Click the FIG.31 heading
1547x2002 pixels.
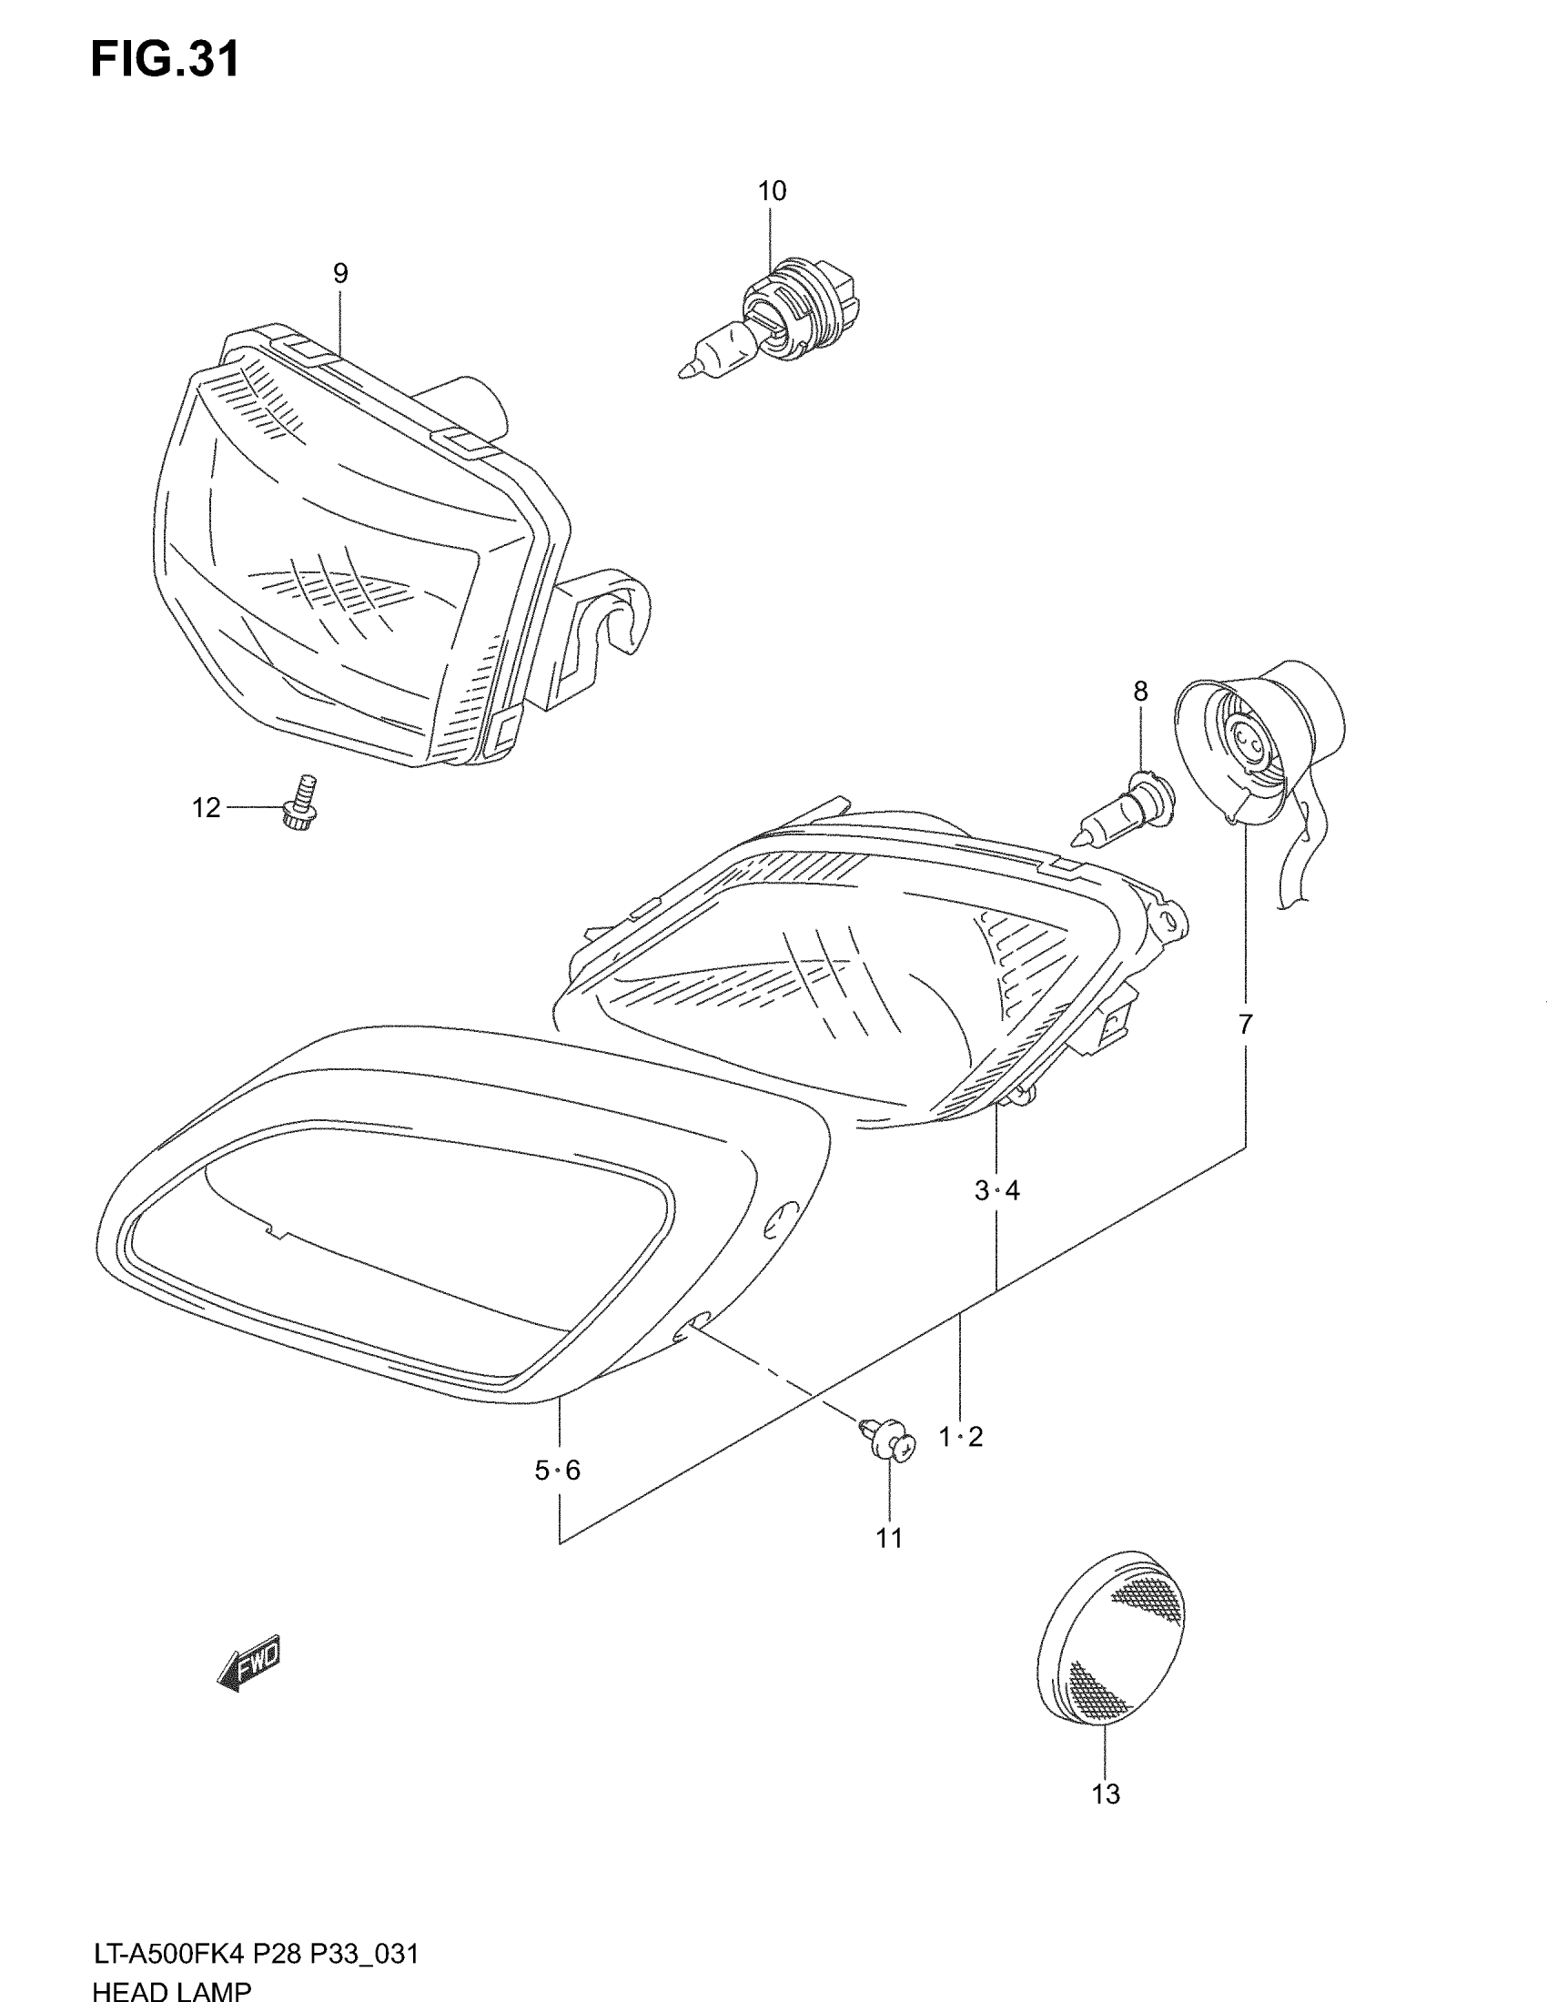[165, 60]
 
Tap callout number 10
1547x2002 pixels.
[772, 191]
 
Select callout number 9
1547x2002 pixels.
[340, 273]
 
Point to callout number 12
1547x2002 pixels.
[207, 807]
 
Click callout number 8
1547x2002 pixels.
[1140, 692]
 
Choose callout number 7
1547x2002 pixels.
[1245, 1025]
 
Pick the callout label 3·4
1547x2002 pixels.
[997, 1191]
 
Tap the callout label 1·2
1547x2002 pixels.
[960, 1436]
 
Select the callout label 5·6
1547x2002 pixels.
[557, 1471]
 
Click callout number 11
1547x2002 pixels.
[889, 1539]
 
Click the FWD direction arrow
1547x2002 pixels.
[249, 1663]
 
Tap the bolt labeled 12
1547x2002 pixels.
[303, 801]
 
